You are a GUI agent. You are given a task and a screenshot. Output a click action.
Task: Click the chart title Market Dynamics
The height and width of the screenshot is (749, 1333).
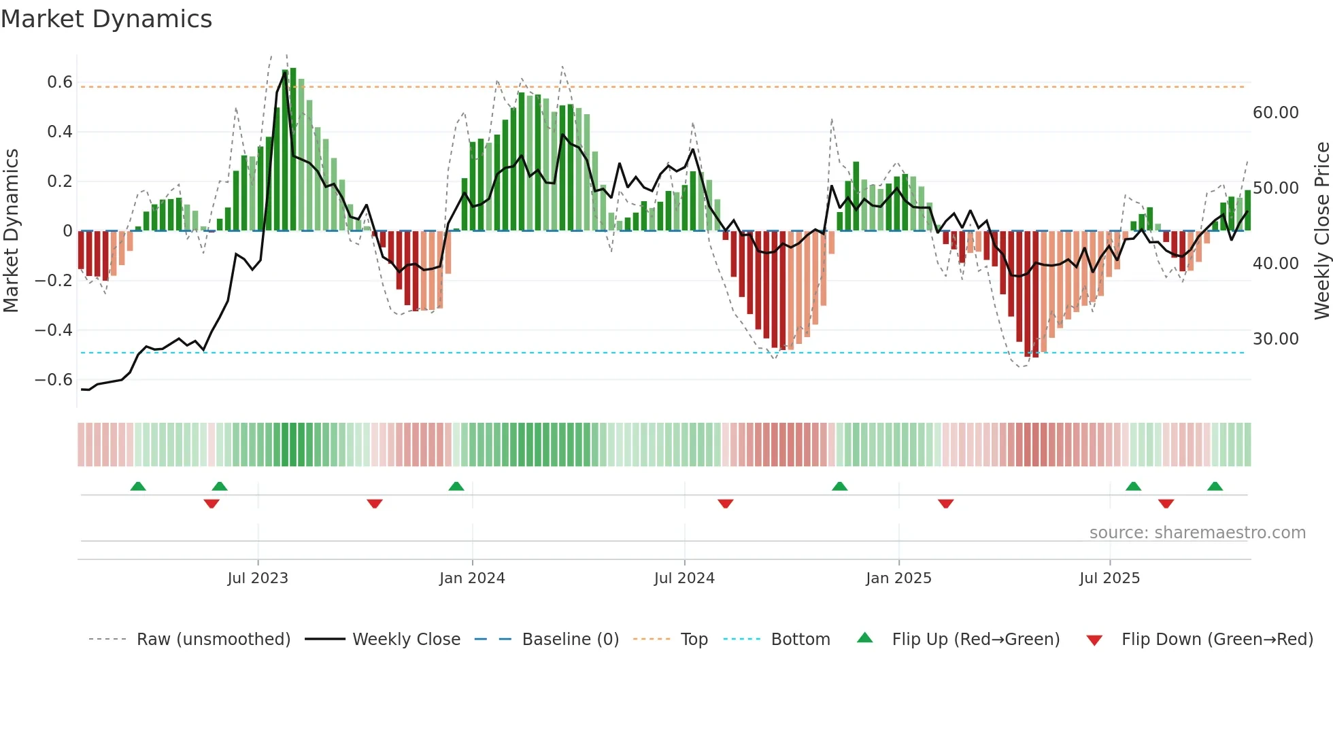pos(106,19)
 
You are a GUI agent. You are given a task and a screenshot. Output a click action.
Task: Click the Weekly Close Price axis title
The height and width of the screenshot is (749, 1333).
pos(1321,231)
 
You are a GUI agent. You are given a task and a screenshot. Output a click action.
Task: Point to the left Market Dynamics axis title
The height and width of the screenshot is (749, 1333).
pos(11,231)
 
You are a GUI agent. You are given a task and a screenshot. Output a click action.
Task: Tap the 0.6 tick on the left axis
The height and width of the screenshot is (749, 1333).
pos(60,82)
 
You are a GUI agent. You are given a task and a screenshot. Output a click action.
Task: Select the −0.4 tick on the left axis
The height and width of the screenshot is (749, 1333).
pos(54,330)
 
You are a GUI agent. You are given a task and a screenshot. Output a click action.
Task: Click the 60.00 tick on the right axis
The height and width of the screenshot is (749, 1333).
pos(1275,113)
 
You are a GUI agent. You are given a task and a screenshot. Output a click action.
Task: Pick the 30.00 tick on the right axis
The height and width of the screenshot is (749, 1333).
pos(1275,338)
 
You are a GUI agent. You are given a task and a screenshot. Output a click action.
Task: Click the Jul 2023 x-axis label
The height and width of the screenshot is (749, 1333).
pos(258,578)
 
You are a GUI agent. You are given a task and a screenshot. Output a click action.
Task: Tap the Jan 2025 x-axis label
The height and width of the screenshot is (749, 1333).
pos(898,578)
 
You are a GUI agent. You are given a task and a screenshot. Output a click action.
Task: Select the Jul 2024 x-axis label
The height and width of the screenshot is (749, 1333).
pos(684,578)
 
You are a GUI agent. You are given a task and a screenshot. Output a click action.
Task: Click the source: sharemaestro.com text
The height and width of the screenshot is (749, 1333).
pos(1197,533)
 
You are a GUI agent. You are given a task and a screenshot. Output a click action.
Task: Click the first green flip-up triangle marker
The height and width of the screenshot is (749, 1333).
pos(138,486)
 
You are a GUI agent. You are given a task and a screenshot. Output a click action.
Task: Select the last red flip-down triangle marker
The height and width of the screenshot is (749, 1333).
pos(1166,504)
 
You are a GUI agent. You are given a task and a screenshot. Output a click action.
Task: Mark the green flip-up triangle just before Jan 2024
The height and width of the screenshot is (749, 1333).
pos(456,486)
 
